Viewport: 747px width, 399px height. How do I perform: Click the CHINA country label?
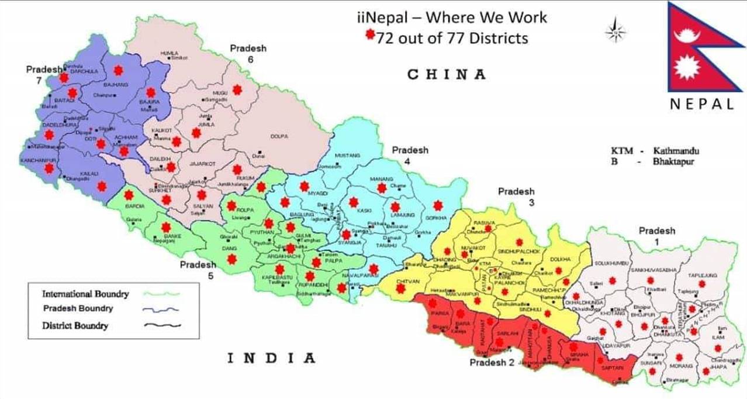click(x=447, y=74)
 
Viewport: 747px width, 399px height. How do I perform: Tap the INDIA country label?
click(x=271, y=358)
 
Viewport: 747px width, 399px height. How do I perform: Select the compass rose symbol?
click(x=615, y=31)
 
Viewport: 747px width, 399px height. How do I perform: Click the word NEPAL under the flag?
click(x=702, y=105)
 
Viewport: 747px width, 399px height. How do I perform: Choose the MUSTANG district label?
click(x=348, y=156)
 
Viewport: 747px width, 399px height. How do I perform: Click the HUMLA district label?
click(x=169, y=53)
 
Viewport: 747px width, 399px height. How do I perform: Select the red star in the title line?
click(x=369, y=35)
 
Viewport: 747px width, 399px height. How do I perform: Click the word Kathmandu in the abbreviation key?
click(x=676, y=151)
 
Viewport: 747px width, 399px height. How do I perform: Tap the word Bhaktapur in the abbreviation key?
click(x=673, y=161)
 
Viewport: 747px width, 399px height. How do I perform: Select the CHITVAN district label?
click(x=409, y=281)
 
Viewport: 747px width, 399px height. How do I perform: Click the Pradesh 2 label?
click(x=492, y=362)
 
